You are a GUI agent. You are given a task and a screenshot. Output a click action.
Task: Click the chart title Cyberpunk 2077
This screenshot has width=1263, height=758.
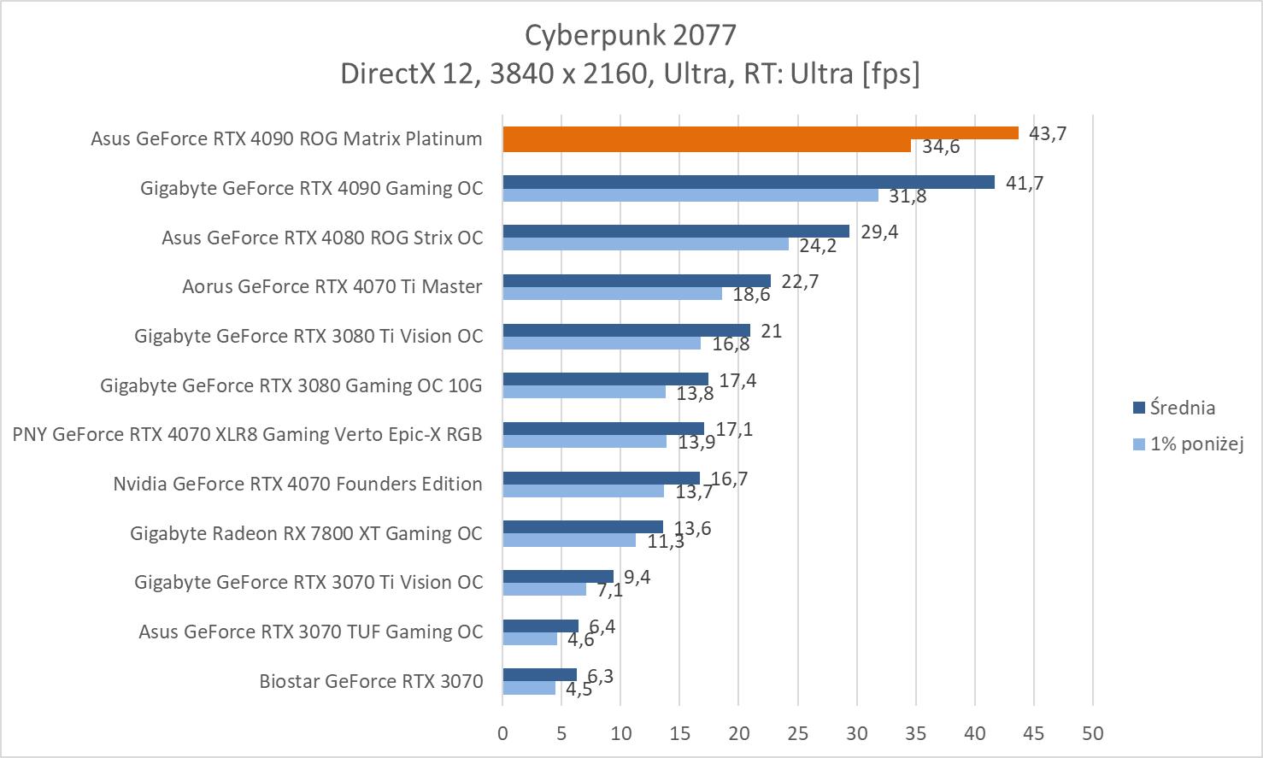630,35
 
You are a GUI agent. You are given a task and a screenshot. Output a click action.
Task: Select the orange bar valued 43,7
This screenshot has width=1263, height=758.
760,132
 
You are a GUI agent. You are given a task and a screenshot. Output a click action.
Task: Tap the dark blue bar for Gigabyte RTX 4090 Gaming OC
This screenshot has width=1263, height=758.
748,182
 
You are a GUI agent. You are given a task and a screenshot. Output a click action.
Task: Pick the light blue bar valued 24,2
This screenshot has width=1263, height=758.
645,244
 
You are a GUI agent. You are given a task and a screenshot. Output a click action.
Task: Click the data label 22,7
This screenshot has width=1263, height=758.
800,281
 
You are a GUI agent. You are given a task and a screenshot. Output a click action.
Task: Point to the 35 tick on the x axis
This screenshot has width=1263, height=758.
915,733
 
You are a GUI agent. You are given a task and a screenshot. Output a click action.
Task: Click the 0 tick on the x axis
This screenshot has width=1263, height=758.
502,733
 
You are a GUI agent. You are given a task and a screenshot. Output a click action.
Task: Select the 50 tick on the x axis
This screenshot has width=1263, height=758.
1092,733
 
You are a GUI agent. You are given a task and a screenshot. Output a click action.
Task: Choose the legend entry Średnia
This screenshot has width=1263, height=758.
1182,408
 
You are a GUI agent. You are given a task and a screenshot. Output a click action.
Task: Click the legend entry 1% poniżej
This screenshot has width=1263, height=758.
1195,444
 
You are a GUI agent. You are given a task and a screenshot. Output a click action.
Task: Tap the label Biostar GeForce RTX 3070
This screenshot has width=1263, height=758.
371,681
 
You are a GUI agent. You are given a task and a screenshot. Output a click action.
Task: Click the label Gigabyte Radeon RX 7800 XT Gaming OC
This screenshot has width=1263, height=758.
306,533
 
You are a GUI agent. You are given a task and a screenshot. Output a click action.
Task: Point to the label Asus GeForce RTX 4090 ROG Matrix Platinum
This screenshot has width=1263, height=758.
286,138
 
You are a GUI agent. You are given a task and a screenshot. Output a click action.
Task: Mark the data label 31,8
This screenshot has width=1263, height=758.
908,196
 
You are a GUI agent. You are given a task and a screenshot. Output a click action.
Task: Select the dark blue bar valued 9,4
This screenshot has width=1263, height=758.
558,576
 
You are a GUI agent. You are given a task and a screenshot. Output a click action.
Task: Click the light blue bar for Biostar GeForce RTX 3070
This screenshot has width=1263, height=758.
529,688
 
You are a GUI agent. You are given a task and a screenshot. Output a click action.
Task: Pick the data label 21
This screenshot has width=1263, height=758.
772,331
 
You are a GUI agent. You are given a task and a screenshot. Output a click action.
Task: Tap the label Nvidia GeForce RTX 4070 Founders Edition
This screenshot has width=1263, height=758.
297,484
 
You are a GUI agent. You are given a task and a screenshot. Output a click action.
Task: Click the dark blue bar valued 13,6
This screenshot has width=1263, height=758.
583,526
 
